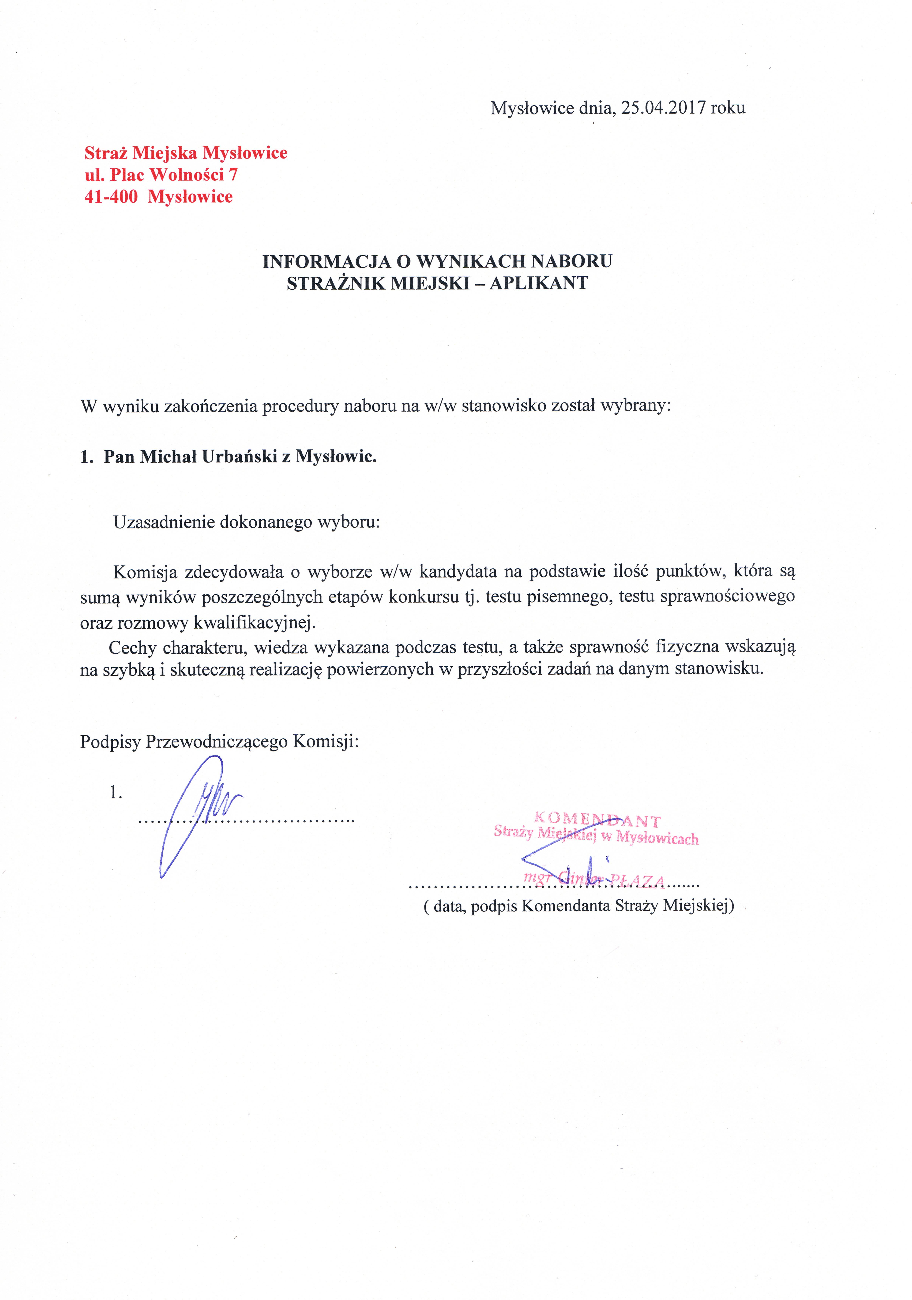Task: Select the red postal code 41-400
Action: (111, 197)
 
